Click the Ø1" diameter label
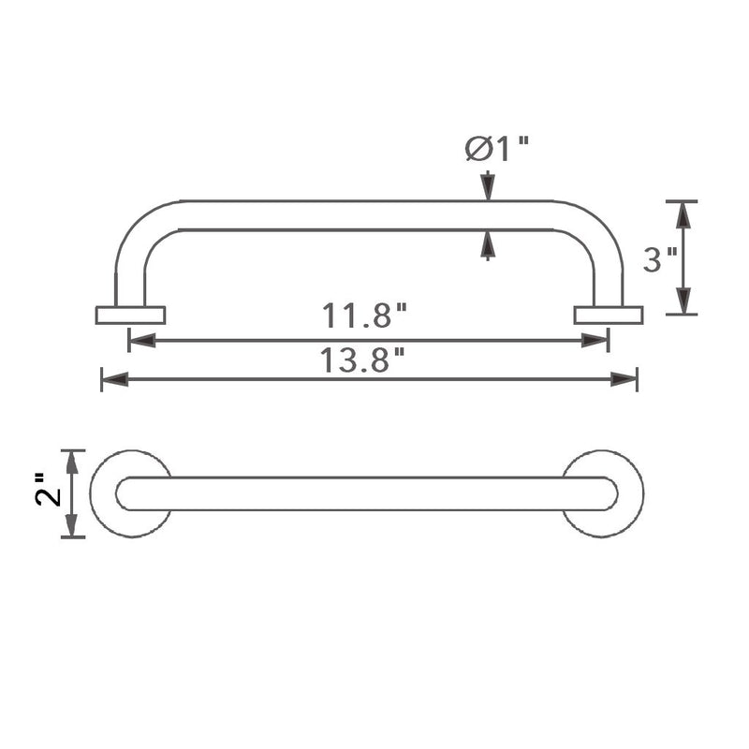pyautogui.click(x=497, y=149)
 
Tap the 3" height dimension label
pyautogui.click(x=660, y=259)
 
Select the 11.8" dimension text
pyautogui.click(x=364, y=316)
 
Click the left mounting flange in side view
pyautogui.click(x=130, y=316)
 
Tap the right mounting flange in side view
pyautogui.click(x=609, y=316)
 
